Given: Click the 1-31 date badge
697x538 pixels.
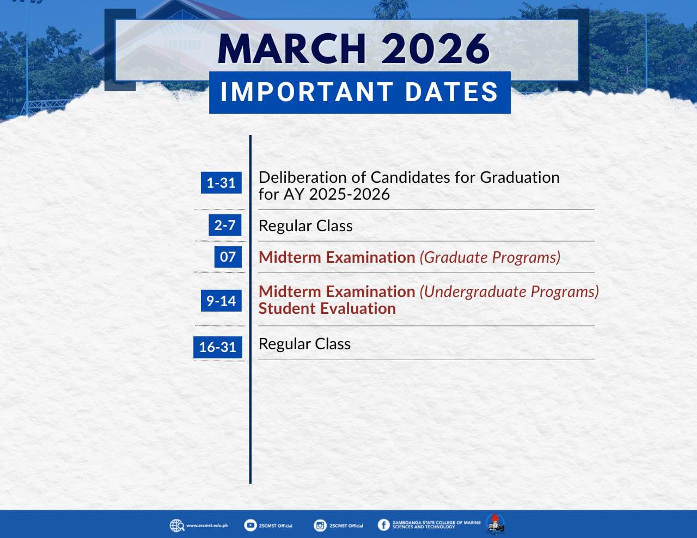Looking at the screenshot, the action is coord(221,183).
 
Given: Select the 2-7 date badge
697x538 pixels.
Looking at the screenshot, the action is coord(225,225).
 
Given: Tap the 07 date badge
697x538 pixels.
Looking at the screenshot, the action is coord(228,257).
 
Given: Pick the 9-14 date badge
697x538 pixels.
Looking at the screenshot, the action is coord(221,301).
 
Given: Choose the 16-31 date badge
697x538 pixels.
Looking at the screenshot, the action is coord(217,347).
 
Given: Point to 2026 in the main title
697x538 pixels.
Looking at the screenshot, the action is coord(436,49).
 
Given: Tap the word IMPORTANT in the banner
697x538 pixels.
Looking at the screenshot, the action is coord(307,92).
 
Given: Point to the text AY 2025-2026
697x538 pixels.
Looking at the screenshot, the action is coord(337,194).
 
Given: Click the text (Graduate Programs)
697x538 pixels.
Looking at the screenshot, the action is coord(490,258).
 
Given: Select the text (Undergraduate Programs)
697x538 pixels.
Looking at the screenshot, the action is coord(509,292).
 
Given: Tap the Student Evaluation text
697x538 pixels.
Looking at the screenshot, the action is coord(327,308).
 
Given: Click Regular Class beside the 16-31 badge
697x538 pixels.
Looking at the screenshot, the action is coord(304,344).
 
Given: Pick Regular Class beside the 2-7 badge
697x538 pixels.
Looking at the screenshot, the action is coord(305,226).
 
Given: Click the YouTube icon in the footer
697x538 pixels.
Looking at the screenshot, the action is coord(250,525).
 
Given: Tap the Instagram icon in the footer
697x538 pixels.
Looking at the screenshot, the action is coord(320,525).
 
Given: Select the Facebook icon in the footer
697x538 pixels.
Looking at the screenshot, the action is coord(383,525).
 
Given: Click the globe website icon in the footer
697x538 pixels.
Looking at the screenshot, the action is coord(177,525).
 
